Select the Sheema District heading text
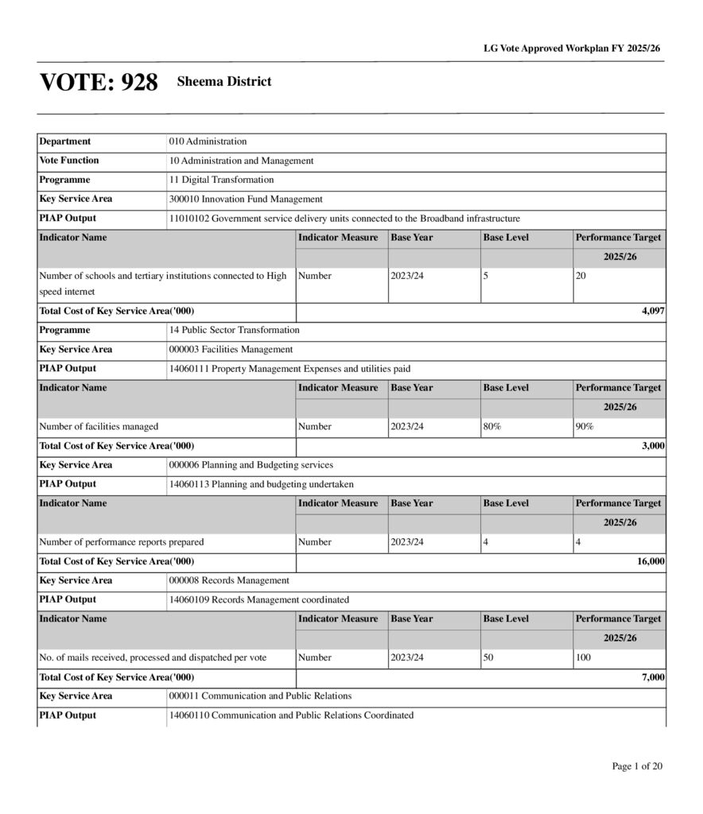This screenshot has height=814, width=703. click(x=224, y=82)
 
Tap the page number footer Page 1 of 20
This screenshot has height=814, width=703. click(x=637, y=766)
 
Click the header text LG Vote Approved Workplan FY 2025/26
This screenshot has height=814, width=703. click(x=572, y=48)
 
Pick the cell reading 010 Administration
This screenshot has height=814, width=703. click(x=208, y=141)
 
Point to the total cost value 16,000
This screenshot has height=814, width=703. click(x=650, y=561)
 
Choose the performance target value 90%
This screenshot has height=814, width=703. click(x=585, y=427)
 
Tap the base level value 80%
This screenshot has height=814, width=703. click(x=492, y=427)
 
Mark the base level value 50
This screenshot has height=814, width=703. click(x=488, y=658)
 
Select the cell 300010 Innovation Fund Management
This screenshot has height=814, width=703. click(x=246, y=199)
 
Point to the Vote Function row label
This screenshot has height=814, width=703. click(x=69, y=161)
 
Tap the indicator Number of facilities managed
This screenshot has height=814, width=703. click(x=99, y=427)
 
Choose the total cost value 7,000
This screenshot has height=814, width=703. click(x=652, y=676)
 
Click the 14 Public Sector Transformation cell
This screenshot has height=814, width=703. click(x=234, y=330)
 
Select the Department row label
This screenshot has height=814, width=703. click(x=65, y=141)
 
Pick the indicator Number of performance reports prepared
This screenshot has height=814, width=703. click(x=122, y=542)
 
